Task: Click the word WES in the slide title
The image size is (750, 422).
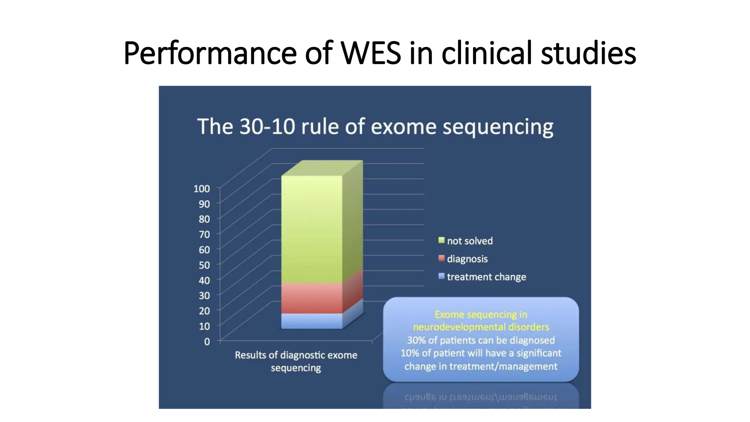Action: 371,53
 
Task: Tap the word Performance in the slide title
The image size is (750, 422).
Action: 210,53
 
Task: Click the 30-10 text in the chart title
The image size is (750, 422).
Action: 267,127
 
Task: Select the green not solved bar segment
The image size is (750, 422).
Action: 312,229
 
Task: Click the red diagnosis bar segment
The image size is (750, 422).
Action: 312,298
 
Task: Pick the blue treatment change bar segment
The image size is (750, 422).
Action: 312,321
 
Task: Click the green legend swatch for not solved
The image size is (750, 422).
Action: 441,240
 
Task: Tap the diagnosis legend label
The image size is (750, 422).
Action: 467,259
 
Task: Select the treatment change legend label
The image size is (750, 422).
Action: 486,277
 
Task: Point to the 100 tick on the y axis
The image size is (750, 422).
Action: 202,189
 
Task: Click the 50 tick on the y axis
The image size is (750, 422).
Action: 204,265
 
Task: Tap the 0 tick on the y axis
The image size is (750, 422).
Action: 207,341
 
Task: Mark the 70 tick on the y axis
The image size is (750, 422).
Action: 204,234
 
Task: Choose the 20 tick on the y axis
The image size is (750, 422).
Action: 204,311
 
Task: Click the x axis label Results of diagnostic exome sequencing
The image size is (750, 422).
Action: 296,361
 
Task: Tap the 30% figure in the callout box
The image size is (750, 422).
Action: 416,340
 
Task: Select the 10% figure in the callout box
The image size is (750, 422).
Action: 409,353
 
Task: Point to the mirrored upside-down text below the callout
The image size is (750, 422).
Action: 480,397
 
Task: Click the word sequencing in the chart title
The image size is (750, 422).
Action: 498,127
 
